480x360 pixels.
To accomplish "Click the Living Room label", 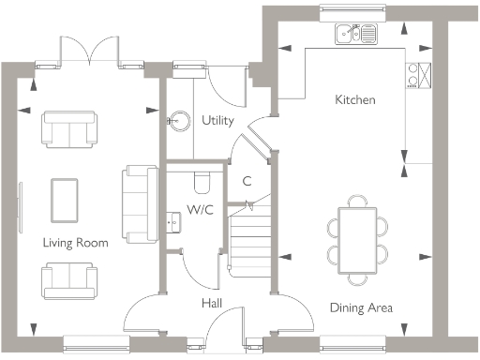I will [x=75, y=243].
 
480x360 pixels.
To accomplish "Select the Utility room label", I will [x=217, y=121].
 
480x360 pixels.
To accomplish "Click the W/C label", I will [x=201, y=209].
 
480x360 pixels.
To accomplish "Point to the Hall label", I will [x=212, y=304].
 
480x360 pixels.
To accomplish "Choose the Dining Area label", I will [x=361, y=307].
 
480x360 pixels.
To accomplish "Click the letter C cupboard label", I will [x=247, y=181].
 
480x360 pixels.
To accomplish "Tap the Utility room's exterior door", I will [x=229, y=84].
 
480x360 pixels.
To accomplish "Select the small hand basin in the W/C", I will [x=174, y=221].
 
